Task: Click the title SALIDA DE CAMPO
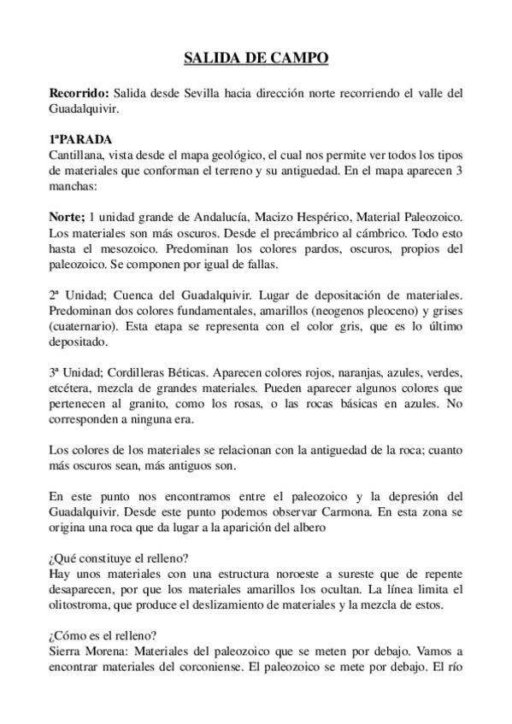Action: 256,58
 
